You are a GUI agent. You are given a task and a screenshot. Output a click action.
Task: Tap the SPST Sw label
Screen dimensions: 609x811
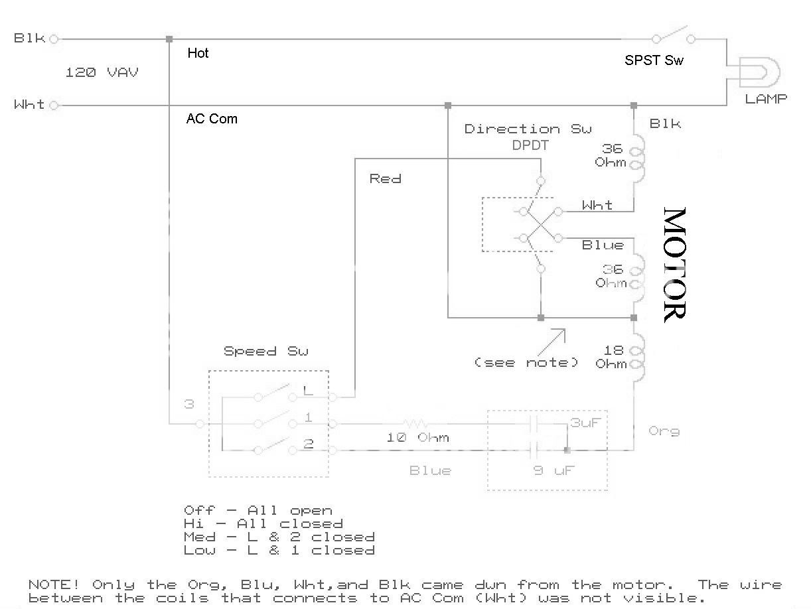click(x=654, y=60)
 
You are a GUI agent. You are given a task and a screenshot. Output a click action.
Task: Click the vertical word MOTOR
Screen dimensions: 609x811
click(x=674, y=265)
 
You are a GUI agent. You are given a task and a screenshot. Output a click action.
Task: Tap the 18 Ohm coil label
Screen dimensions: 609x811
click(x=611, y=357)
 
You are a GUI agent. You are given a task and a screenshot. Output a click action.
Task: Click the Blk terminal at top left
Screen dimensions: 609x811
click(x=54, y=39)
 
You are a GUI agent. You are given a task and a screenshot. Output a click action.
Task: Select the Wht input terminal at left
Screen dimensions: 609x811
click(x=54, y=105)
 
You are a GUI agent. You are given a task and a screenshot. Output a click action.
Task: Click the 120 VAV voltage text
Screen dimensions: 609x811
click(x=102, y=72)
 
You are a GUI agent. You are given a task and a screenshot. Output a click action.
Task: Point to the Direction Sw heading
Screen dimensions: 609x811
click(x=528, y=129)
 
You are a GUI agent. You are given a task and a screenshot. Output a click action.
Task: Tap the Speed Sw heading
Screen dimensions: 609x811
click(x=265, y=351)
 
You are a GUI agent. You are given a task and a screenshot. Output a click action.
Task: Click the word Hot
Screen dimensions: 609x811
click(x=198, y=53)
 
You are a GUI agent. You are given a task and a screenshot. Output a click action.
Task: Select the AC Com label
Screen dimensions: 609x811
click(x=212, y=119)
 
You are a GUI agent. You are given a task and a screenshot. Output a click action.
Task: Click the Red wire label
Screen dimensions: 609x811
click(x=385, y=178)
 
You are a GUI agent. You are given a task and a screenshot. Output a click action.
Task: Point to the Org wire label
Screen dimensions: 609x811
click(x=664, y=431)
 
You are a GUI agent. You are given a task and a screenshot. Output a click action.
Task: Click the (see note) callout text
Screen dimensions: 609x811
click(x=526, y=363)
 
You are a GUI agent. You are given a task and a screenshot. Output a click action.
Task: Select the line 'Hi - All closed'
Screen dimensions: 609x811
click(x=263, y=523)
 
